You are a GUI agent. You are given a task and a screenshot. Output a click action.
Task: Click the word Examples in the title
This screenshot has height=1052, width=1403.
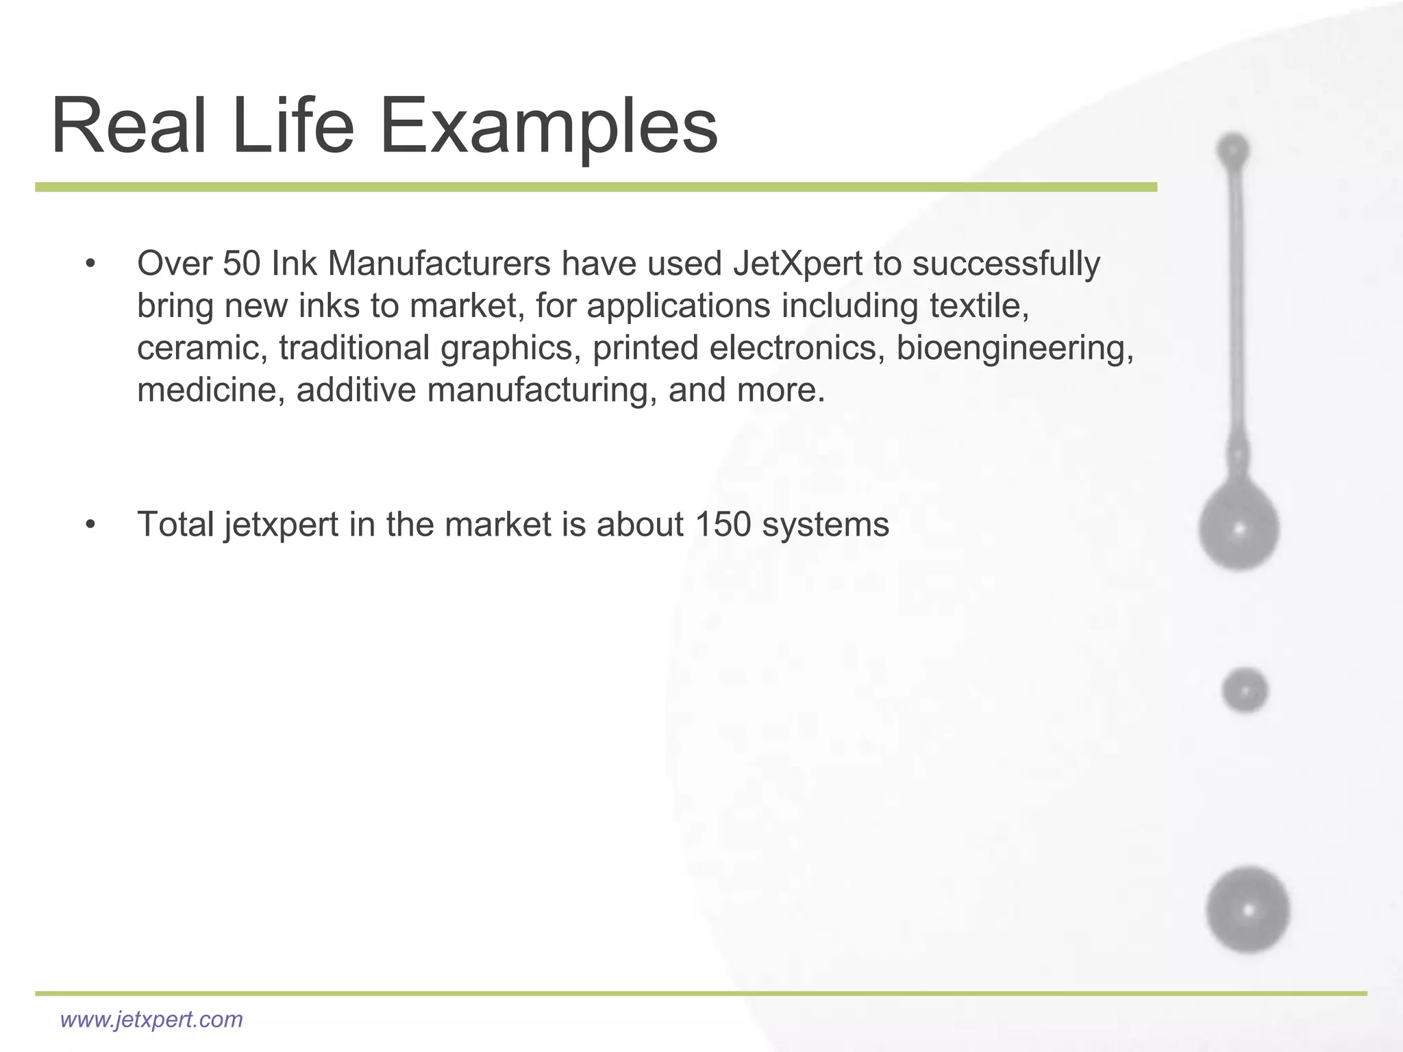tap(548, 127)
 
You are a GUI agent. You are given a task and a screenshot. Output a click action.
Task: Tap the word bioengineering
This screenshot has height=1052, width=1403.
tap(1015, 348)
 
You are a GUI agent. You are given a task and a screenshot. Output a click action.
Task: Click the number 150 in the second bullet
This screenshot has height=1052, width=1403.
tap(723, 525)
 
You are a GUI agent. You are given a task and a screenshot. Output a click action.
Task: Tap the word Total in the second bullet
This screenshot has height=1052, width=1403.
tap(175, 525)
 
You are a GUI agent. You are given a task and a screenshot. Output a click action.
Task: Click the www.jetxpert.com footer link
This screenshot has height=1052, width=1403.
tap(151, 1019)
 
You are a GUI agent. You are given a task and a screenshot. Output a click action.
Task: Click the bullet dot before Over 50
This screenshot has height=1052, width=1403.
tap(90, 264)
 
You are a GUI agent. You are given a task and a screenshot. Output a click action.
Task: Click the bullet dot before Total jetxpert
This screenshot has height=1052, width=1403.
tap(90, 525)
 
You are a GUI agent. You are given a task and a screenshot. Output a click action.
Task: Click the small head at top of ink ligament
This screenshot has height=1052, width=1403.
tap(1233, 149)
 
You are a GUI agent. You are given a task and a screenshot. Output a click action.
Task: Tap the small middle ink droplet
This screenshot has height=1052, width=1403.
tap(1245, 690)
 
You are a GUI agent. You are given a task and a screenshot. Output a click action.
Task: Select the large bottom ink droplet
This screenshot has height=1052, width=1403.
tap(1248, 910)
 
